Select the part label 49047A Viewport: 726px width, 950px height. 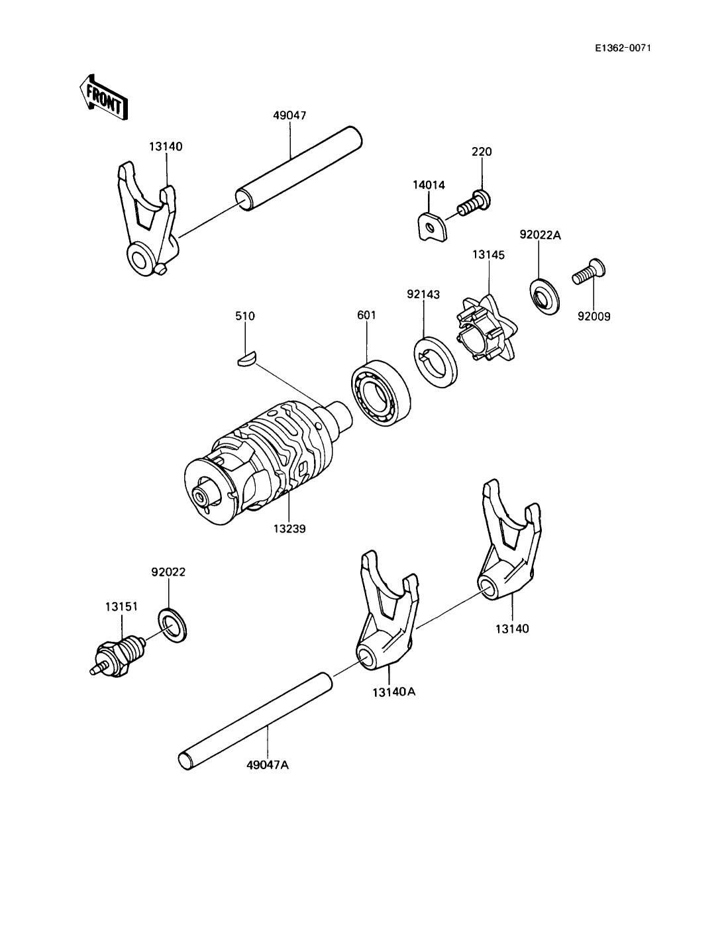click(x=268, y=765)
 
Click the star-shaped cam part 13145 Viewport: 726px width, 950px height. click(x=488, y=329)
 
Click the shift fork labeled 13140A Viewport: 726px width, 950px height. click(x=385, y=616)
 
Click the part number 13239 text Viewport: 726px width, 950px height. click(x=289, y=529)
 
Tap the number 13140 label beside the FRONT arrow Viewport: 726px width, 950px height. click(x=166, y=146)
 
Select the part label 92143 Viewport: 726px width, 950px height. click(x=424, y=293)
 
